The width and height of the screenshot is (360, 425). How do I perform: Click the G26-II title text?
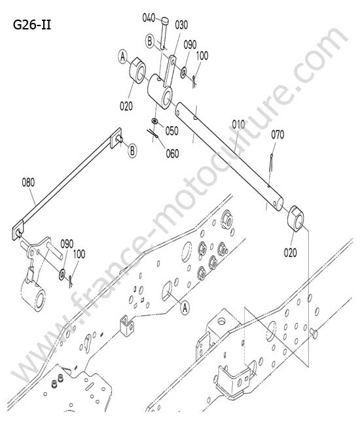click(x=31, y=25)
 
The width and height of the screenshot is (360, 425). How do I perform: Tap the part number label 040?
click(x=149, y=18)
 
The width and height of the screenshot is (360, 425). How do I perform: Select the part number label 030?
click(x=181, y=25)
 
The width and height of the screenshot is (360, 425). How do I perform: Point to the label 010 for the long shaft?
click(x=238, y=125)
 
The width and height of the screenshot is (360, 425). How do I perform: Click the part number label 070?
click(x=278, y=135)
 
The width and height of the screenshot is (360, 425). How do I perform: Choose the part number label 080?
click(x=28, y=182)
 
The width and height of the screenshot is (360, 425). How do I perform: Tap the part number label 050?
click(x=172, y=131)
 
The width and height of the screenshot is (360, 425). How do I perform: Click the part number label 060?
click(x=173, y=154)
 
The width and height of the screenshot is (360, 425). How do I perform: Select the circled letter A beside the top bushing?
click(x=123, y=57)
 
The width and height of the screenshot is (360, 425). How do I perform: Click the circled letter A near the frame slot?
click(x=185, y=308)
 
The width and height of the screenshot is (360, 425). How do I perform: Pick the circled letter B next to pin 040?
click(x=149, y=41)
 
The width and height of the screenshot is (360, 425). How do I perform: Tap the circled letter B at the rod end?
click(x=132, y=150)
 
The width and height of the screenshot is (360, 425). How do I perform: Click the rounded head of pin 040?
click(x=165, y=20)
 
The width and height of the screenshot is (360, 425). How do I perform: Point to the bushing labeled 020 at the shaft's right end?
click(x=295, y=218)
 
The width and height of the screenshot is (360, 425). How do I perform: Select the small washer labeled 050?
click(x=154, y=120)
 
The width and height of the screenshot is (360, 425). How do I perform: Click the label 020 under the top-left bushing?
click(x=126, y=106)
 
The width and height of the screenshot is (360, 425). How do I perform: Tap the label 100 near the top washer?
click(x=202, y=56)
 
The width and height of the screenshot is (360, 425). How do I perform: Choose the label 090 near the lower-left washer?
click(x=67, y=244)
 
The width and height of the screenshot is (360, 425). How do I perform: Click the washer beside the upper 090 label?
click(x=184, y=73)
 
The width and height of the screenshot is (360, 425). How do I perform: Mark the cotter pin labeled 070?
click(x=271, y=163)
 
